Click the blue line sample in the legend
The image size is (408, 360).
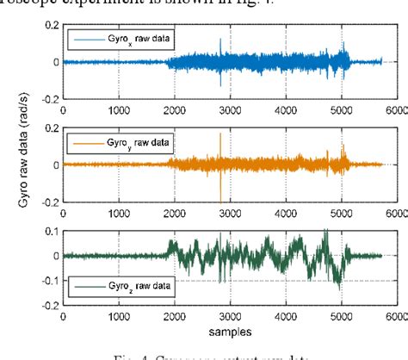click(89, 40)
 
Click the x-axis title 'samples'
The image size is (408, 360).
click(223, 330)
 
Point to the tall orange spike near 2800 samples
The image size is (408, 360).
click(220, 138)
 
